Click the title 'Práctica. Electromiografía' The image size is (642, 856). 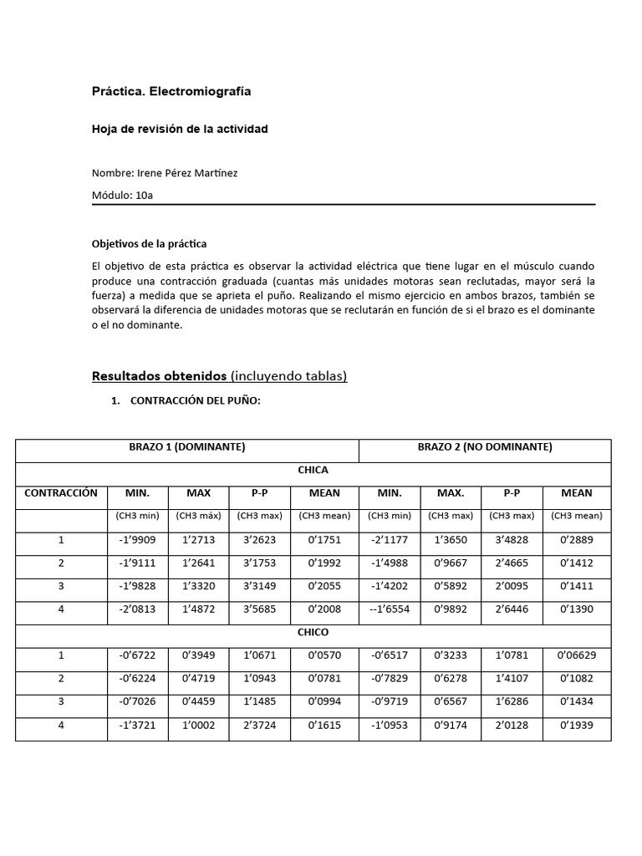(x=171, y=91)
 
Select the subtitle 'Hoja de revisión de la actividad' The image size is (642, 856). (x=180, y=130)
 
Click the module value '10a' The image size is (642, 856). (x=144, y=195)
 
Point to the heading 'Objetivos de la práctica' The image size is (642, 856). (x=149, y=244)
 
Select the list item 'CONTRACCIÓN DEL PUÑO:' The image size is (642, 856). (x=196, y=401)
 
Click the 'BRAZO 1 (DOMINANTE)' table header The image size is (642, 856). (x=187, y=447)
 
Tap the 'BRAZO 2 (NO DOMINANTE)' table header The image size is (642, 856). (x=485, y=447)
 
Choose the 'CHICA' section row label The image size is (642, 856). (x=313, y=470)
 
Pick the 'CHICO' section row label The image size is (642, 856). (x=313, y=632)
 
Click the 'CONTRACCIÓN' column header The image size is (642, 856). (x=61, y=493)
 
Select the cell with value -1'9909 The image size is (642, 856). (x=137, y=540)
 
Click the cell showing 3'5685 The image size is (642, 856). (x=259, y=609)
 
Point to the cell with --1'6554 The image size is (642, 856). (x=390, y=609)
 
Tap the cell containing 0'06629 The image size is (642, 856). (x=577, y=655)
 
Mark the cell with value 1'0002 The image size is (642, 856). (x=198, y=726)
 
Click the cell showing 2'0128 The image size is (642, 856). (x=512, y=726)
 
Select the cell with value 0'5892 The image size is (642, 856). (x=451, y=586)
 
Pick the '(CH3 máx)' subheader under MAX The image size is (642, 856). (x=198, y=516)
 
